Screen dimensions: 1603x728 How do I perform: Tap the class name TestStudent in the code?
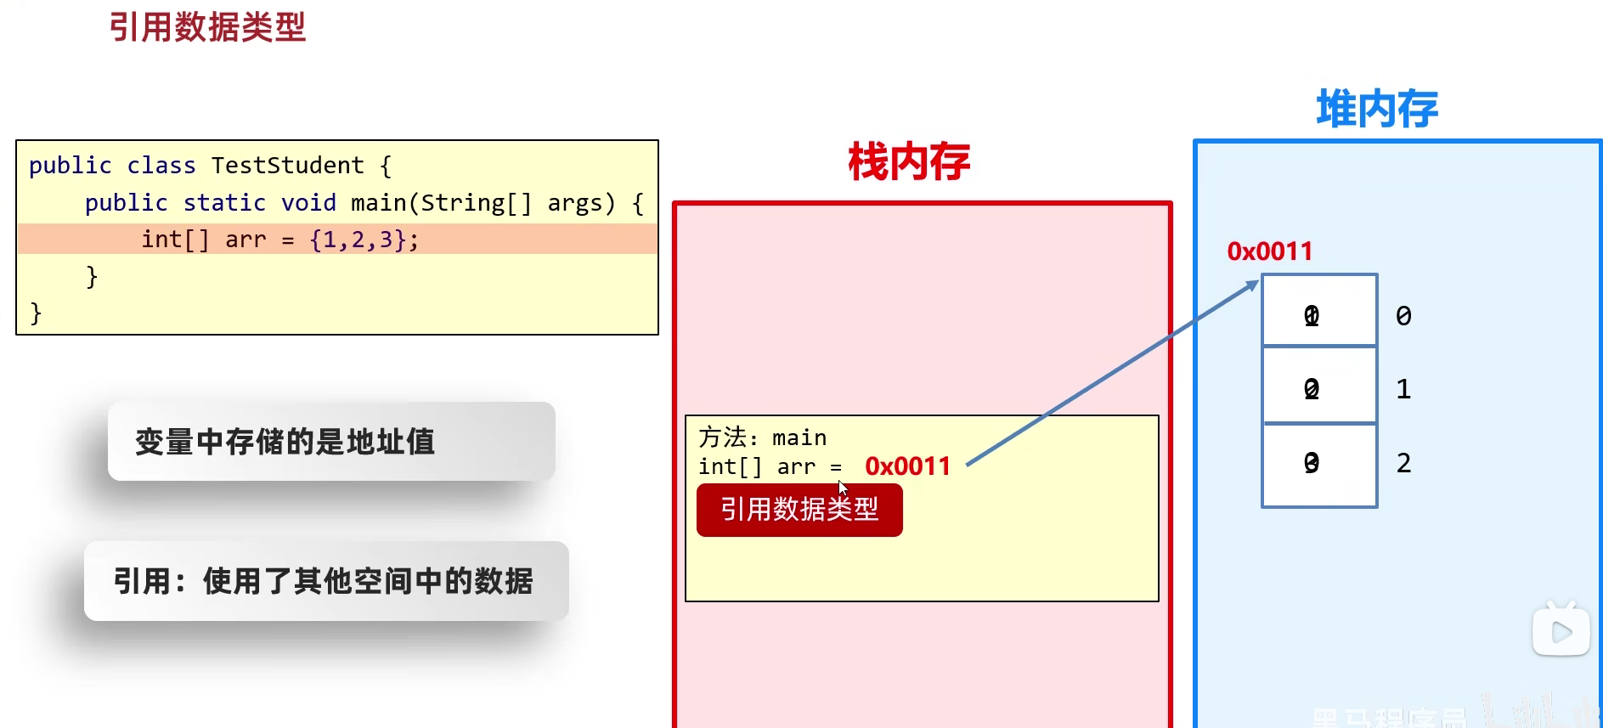[287, 166]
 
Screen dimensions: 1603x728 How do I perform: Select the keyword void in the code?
[308, 203]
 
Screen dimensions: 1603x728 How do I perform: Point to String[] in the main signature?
[476, 203]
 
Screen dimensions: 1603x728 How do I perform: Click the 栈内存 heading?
[909, 161]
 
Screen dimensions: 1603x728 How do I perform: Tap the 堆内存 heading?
[1377, 110]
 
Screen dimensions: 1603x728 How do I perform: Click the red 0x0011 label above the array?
[1270, 251]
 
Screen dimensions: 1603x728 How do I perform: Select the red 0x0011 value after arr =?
[907, 466]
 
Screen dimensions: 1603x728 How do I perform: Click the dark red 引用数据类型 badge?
[799, 510]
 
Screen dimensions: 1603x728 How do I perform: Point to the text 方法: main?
[762, 437]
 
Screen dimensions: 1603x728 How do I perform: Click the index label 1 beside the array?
[1403, 389]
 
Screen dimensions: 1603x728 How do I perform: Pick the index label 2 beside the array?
[1403, 463]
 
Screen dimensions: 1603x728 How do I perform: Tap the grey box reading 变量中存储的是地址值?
[331, 442]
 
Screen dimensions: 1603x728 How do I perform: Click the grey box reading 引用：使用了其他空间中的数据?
[326, 581]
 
